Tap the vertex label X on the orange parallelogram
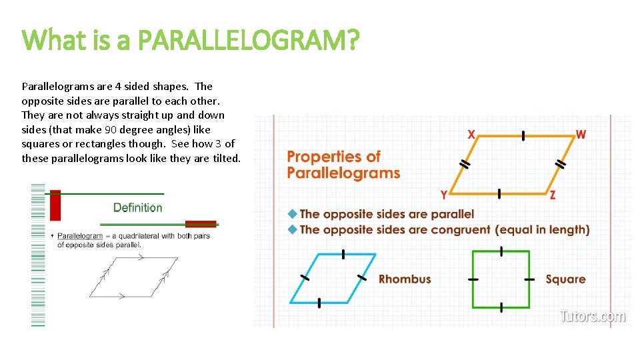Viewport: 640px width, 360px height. tap(471, 134)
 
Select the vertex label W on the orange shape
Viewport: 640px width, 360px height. tap(581, 134)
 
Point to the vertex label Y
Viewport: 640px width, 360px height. tap(444, 195)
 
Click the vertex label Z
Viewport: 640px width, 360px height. tap(553, 195)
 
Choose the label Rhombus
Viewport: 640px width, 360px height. tap(405, 279)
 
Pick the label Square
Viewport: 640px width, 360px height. tap(565, 279)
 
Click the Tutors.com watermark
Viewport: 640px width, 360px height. tap(593, 315)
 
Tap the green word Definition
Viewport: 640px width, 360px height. tap(137, 207)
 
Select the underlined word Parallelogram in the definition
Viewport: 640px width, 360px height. tap(80, 235)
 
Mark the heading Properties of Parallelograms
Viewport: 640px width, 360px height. tap(343, 165)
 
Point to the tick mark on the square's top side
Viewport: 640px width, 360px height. tap(501, 251)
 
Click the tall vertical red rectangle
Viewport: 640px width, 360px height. tap(55, 205)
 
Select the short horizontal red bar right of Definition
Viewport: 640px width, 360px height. tap(200, 224)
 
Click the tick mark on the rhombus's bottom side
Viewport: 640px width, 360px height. tap(319, 303)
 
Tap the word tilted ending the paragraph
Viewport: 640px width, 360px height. tap(226, 158)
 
